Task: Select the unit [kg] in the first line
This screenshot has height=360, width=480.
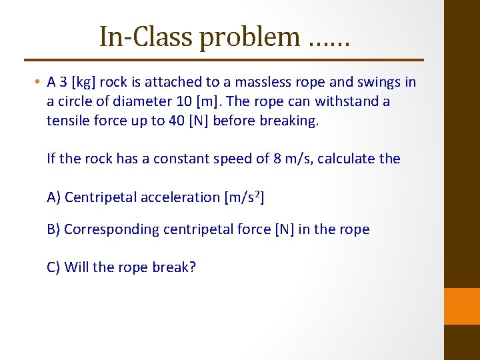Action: [85, 83]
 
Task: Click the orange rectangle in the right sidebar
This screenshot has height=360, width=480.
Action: [462, 306]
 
